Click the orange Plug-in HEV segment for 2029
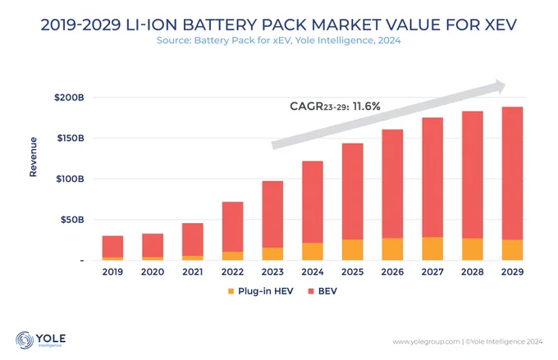512,250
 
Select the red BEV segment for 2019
112,247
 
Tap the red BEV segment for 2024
313,202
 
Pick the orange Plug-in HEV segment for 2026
392,249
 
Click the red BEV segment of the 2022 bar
233,227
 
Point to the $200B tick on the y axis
69,98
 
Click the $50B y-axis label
72,220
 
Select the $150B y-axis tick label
71,138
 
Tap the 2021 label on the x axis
193,272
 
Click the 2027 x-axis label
432,272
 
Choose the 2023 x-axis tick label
272,272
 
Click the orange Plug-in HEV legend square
231,291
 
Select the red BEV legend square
311,291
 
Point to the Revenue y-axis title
33,157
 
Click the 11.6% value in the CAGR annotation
367,107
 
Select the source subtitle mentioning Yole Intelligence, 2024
279,40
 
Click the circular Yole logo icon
25,340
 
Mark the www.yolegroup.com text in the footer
426,342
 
